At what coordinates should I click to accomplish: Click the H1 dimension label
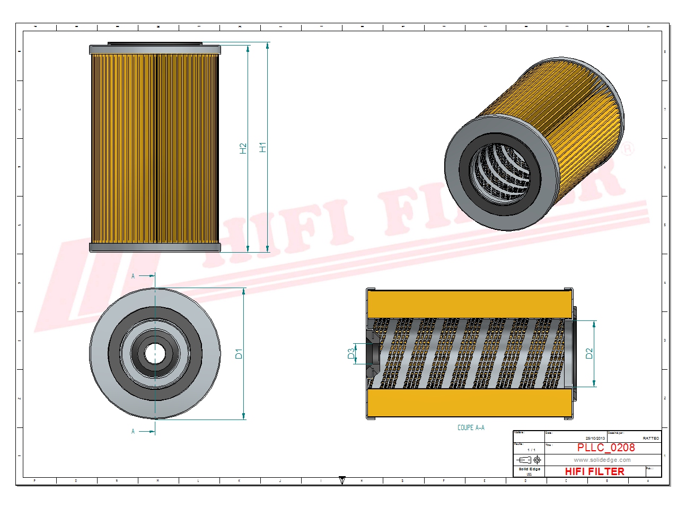pos(262,147)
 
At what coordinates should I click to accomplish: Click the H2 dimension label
pos(243,148)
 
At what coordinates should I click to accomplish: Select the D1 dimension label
pos(239,353)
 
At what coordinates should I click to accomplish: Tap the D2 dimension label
pos(589,353)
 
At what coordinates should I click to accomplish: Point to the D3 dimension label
pos(351,353)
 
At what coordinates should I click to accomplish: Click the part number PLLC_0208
pos(605,448)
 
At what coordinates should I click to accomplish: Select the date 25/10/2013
pos(595,438)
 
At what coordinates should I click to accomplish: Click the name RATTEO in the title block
pos(650,438)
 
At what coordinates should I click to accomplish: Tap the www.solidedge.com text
pos(602,460)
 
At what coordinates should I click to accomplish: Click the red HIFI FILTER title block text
pos(594,471)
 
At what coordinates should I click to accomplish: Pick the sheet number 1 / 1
pos(531,450)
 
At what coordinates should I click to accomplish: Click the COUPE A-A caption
pos(471,427)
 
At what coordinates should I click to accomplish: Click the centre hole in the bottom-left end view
pos(155,353)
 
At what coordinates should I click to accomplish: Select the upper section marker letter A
pos(133,276)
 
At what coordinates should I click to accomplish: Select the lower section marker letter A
pos(133,432)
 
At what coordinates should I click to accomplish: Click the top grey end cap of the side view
pos(155,50)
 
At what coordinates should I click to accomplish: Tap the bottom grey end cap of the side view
pos(155,247)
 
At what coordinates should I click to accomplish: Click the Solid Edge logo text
pos(529,469)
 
